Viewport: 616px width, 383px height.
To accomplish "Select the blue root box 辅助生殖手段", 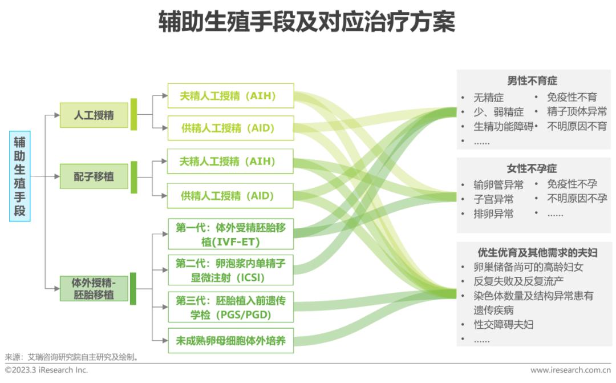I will point(20,176).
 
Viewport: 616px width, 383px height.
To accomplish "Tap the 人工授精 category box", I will point(94,115).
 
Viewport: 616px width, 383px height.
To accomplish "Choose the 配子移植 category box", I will point(94,176).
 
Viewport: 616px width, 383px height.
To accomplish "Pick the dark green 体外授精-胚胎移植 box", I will point(94,288).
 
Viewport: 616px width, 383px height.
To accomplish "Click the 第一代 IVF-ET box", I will point(230,235).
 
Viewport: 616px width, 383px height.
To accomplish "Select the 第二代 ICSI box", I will point(230,271).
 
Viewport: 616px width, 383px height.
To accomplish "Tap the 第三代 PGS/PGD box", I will point(230,307).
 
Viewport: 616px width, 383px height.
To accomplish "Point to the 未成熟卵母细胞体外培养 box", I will point(230,342).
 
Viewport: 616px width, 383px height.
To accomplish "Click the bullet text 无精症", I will point(488,98).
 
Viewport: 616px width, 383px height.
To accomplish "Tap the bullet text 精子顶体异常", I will point(577,111).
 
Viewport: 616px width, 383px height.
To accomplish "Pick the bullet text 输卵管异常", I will point(498,185).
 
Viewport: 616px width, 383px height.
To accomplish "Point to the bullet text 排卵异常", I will point(493,214).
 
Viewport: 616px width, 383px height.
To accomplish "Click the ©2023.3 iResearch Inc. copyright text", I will point(47,370).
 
